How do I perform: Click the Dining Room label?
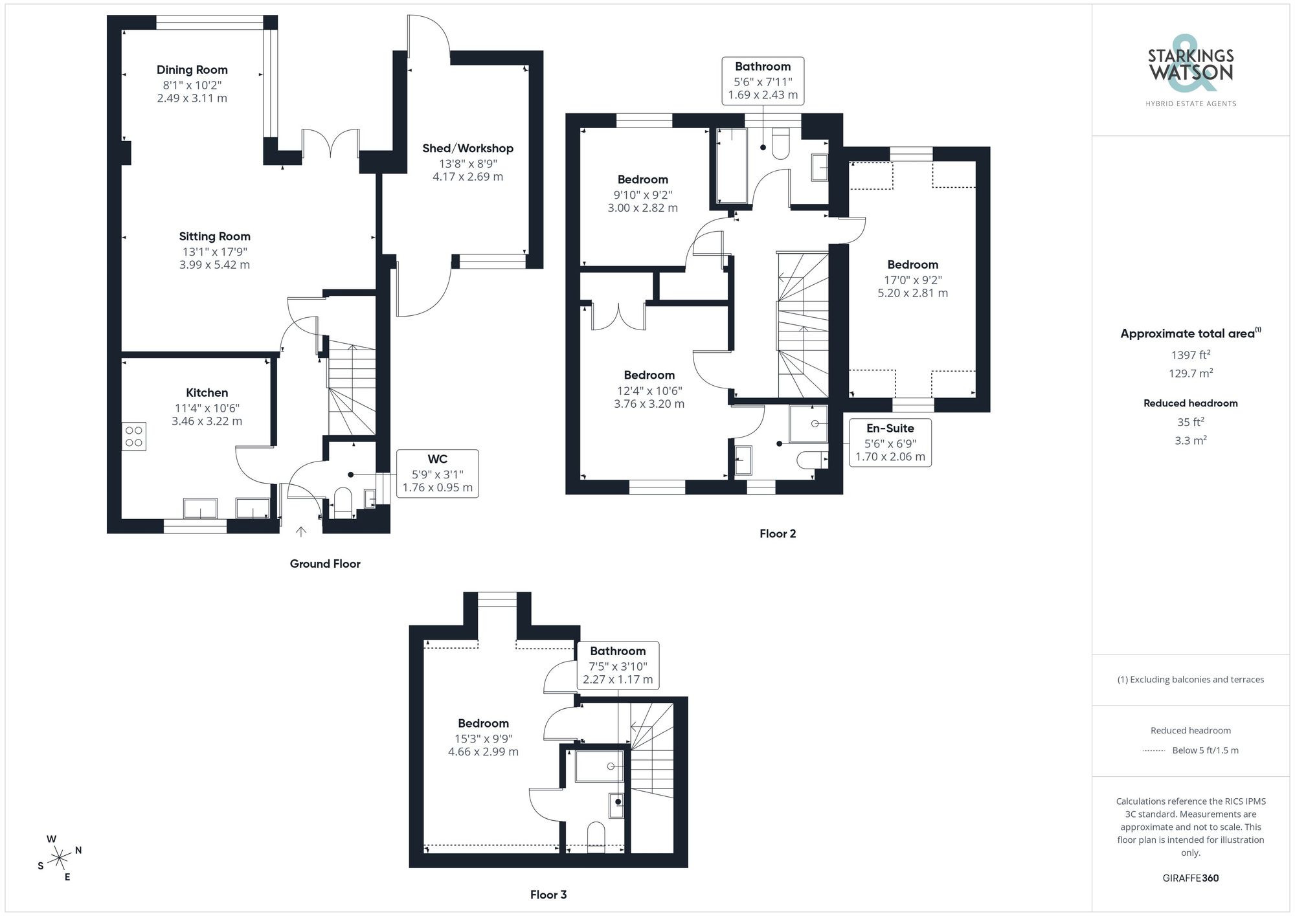click(192, 70)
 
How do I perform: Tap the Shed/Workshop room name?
click(467, 148)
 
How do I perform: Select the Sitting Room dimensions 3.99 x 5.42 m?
click(214, 265)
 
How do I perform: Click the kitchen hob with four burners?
click(134, 436)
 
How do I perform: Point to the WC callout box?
click(437, 473)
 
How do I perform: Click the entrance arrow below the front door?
click(301, 531)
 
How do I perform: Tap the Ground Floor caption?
click(324, 564)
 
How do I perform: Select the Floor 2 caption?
click(777, 533)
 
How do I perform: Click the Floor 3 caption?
click(548, 895)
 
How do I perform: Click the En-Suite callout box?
click(890, 443)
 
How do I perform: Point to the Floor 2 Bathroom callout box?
click(763, 81)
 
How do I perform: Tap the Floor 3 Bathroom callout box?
click(617, 665)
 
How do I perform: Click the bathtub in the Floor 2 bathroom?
click(731, 166)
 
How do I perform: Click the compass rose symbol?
click(60, 858)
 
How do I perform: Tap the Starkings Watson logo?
click(1190, 68)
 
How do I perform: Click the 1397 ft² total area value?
click(1190, 355)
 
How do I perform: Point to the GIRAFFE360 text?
click(1190, 878)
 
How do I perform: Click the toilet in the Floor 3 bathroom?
click(595, 836)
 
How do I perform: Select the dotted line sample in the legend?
click(1154, 751)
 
